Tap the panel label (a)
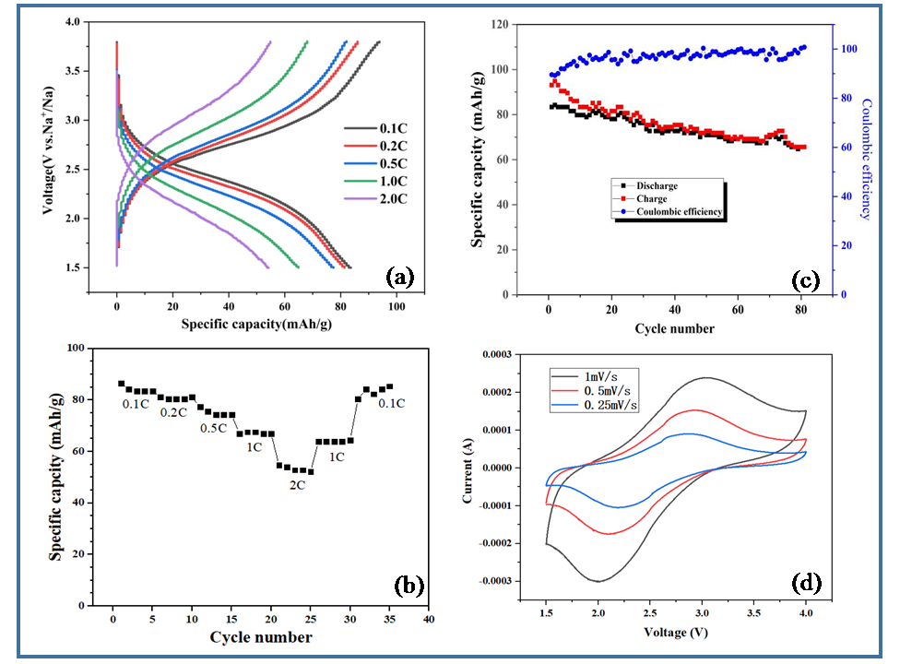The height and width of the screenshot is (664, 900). (x=400, y=277)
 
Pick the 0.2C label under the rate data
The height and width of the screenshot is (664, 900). (x=175, y=412)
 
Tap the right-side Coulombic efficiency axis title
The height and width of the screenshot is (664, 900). (x=866, y=159)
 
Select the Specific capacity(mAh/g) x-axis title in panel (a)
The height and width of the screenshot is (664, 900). (x=245, y=324)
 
